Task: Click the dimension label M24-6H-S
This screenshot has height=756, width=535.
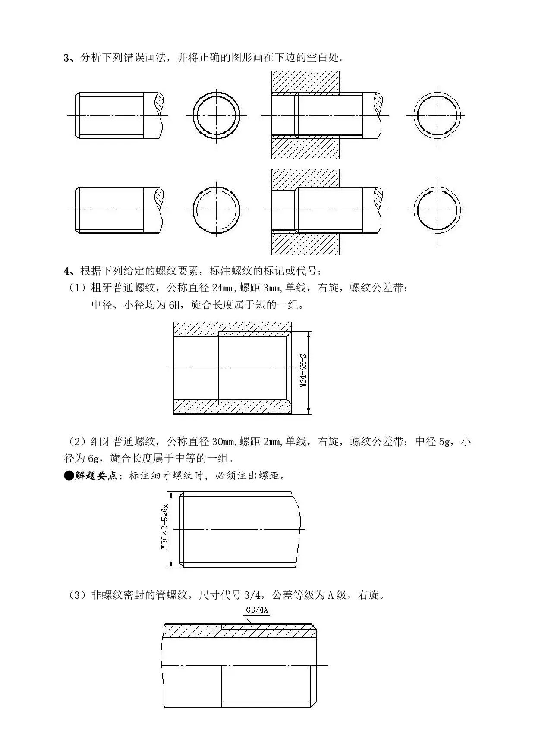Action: click(303, 371)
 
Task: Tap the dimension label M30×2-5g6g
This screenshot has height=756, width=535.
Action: click(165, 527)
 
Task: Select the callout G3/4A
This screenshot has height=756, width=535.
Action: click(257, 610)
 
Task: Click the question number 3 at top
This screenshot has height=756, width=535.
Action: click(66, 58)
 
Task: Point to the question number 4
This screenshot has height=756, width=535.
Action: click(66, 271)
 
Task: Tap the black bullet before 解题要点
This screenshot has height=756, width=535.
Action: click(69, 475)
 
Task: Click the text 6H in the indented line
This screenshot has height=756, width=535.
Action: click(174, 305)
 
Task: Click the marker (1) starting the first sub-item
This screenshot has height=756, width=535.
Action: click(78, 288)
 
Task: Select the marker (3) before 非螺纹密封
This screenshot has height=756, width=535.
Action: click(78, 595)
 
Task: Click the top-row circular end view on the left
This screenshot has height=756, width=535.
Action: click(217, 115)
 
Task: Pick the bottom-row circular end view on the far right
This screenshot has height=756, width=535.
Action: click(437, 210)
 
